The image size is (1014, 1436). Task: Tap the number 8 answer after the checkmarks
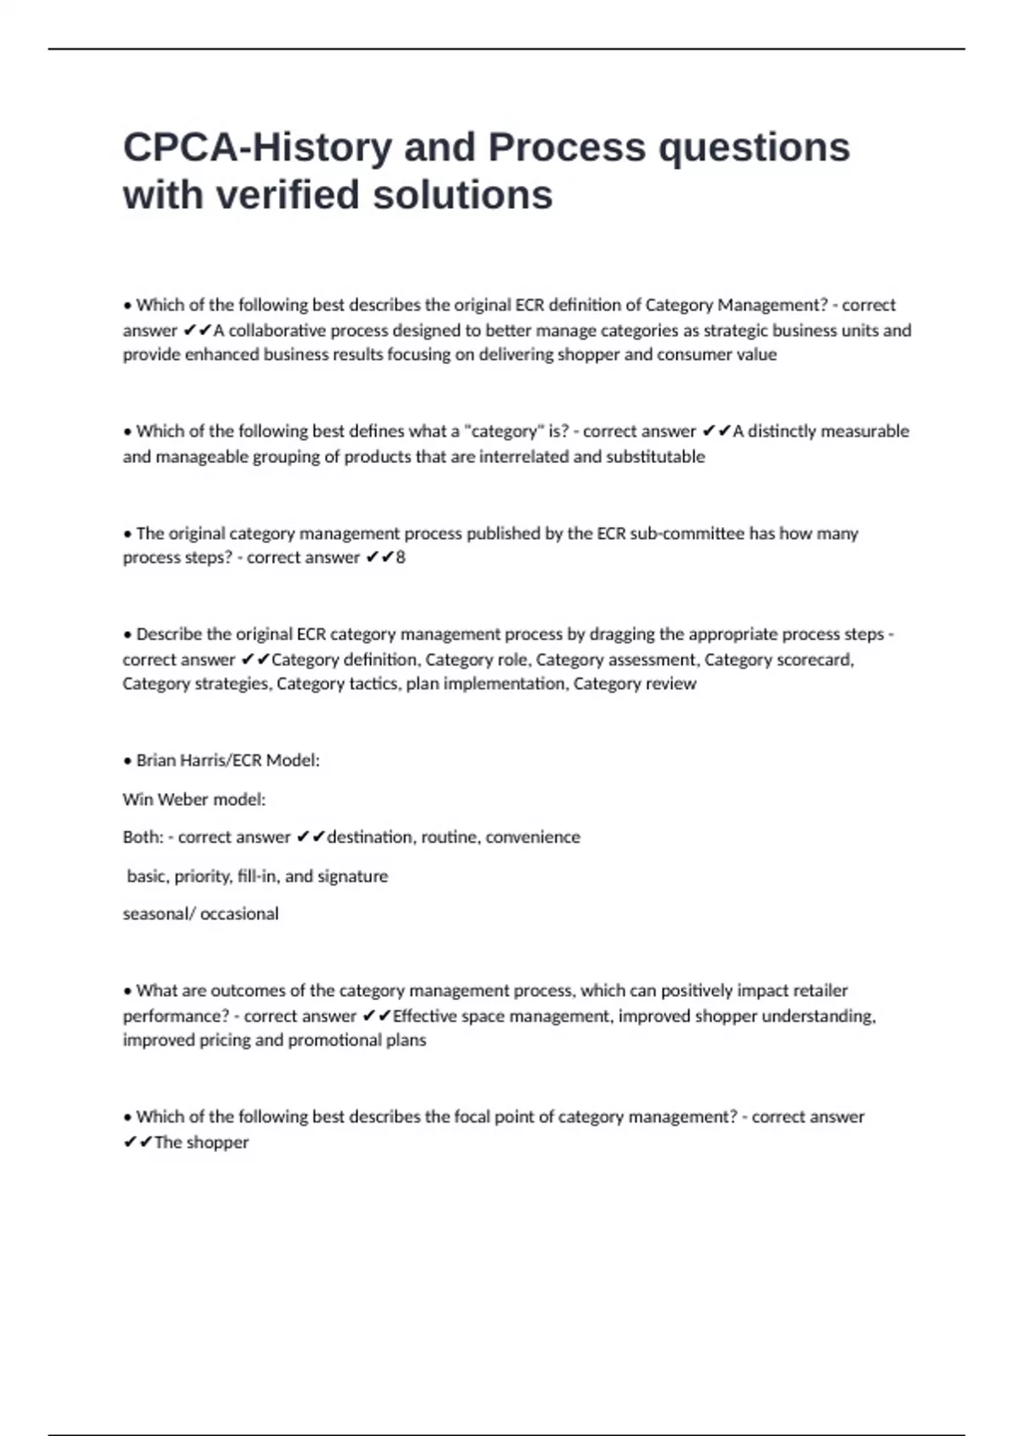point(401,558)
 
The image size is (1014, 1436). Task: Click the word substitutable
point(655,457)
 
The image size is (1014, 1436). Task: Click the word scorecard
point(815,660)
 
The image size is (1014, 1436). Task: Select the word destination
point(370,837)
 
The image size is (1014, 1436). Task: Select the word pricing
point(224,1041)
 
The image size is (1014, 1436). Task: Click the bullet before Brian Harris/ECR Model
point(128,761)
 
